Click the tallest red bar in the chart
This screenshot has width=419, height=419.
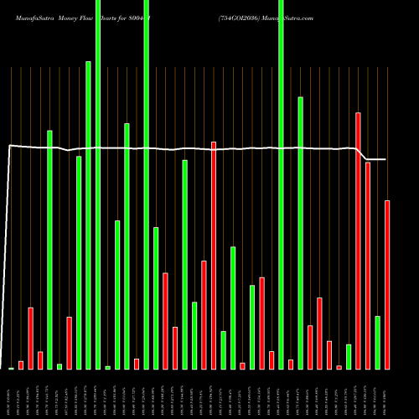point(358,241)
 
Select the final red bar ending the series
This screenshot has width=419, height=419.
point(387,285)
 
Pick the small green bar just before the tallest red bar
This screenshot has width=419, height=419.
point(349,356)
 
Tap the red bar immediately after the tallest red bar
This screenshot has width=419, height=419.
point(368,265)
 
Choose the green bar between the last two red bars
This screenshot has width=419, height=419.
point(377,342)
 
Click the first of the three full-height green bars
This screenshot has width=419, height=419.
point(98,184)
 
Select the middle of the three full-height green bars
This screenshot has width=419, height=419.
point(147,184)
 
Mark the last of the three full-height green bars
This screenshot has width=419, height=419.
point(281,184)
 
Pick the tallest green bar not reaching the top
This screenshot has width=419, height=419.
point(88,215)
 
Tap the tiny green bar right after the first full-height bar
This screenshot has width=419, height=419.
point(107,367)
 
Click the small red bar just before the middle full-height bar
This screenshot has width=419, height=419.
point(137,364)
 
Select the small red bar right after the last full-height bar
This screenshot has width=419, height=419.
point(291,364)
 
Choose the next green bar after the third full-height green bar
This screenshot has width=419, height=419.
point(300,233)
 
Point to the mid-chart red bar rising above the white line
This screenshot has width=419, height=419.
point(214,255)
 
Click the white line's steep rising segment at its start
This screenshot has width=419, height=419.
point(8,251)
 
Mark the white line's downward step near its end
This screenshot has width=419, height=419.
point(362,154)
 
